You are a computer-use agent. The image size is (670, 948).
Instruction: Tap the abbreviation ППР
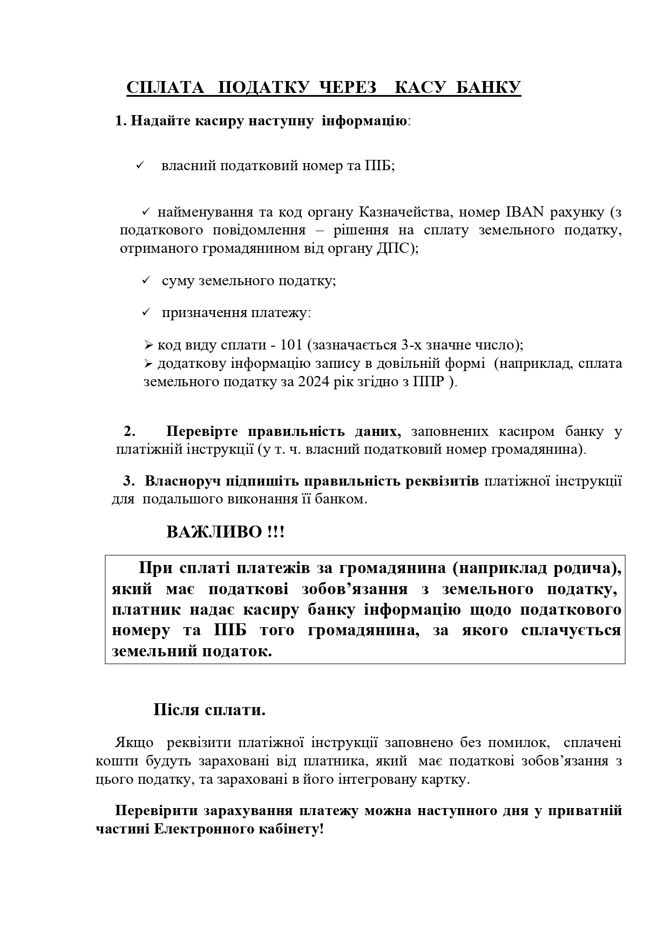tap(429, 382)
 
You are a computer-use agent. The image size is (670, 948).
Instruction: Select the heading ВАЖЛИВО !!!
tap(225, 532)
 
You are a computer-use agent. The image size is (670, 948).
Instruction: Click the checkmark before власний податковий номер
tap(139, 165)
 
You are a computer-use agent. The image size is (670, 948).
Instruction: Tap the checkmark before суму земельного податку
tap(145, 281)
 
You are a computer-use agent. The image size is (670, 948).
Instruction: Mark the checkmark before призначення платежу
tap(145, 313)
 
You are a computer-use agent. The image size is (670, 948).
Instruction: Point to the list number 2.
tap(129, 432)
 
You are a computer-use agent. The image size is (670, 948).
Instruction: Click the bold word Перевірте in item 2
tap(201, 432)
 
